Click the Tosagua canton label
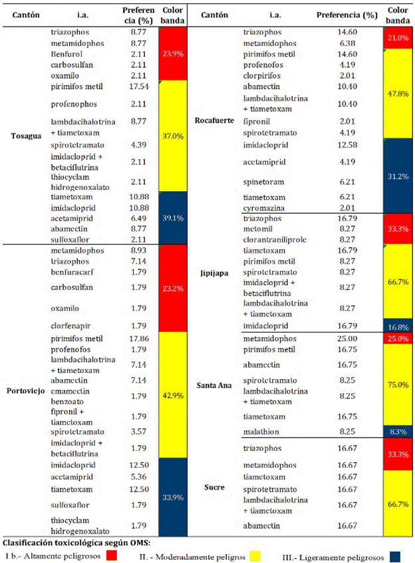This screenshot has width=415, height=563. tap(26, 136)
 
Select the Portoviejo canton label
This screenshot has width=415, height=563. tap(26, 390)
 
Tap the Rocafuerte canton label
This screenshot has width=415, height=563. tap(214, 121)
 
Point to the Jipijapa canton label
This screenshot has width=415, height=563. tap(214, 273)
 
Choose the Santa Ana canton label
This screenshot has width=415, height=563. tap(214, 385)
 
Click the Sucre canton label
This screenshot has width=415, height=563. tap(214, 487)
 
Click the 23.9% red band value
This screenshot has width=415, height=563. tap(173, 54)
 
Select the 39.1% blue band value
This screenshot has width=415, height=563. tap(173, 218)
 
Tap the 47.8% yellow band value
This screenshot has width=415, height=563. tap(398, 94)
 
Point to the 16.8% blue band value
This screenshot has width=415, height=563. tap(398, 327)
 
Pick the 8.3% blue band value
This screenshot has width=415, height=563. tap(398, 432)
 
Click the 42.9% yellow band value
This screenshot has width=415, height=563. tap(173, 396)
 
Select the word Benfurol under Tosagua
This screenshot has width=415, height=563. tap(67, 54)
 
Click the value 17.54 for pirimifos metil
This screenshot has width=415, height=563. tap(139, 87)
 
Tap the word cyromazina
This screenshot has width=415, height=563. tap(264, 209)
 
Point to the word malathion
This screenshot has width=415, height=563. tap(261, 432)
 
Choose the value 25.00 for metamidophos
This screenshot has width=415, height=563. tap(347, 338)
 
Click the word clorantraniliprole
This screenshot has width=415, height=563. tap(275, 239)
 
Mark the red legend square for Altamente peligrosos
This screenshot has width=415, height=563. tap(112, 556)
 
